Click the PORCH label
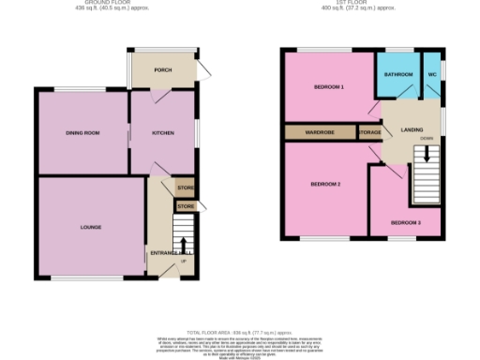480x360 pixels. coord(162,68)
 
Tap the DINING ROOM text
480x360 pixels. coord(82,133)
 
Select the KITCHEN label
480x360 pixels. coord(164,133)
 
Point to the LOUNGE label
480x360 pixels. coord(91,227)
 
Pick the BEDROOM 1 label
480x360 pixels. coord(328,87)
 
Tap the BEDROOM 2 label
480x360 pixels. coord(324,184)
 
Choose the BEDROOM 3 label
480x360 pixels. coord(406,222)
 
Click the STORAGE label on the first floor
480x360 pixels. coord(369,132)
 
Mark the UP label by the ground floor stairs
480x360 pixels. coord(184,260)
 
